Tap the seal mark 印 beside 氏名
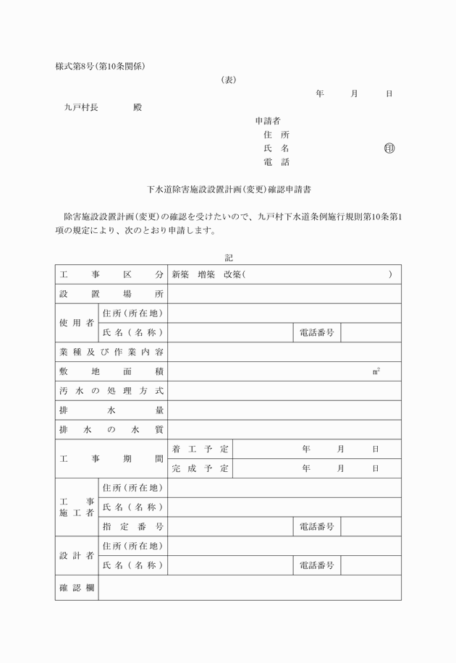[389, 148]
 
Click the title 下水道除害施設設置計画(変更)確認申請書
[229, 190]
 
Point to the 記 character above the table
[229, 258]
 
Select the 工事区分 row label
[111, 275]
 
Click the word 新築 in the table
[180, 275]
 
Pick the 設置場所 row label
[111, 294]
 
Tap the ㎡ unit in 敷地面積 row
[376, 371]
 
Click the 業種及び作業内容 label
[111, 352]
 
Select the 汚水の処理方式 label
[111, 391]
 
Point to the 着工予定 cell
[200, 449]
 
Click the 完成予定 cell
[200, 468]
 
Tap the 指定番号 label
[132, 527]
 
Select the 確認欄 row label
[77, 588]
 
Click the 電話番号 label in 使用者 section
[316, 333]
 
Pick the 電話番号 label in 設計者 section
[316, 565]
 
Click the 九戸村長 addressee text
[81, 107]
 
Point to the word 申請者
[268, 121]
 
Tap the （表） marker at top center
[229, 80]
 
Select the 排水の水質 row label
[111, 429]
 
